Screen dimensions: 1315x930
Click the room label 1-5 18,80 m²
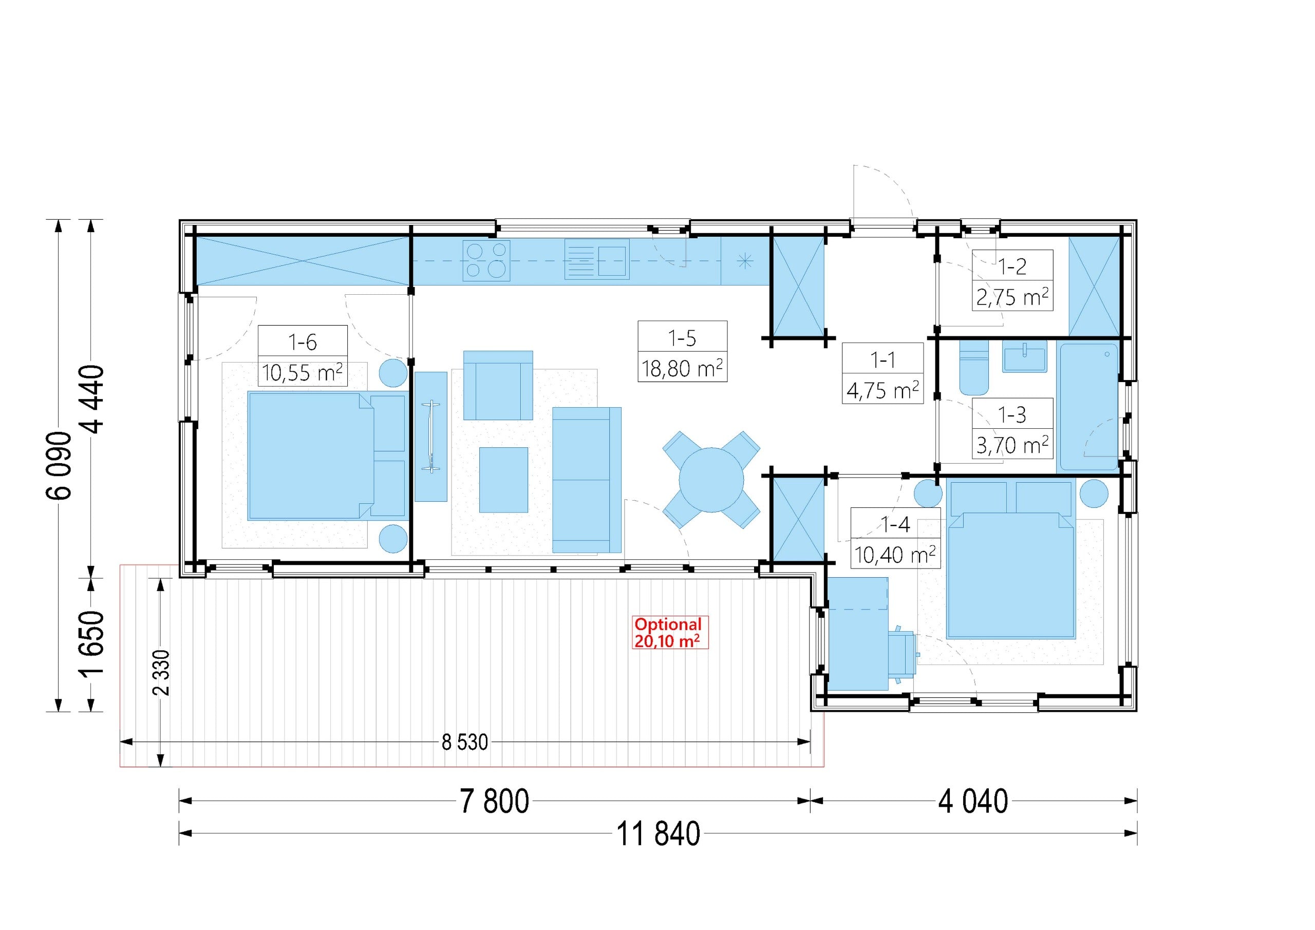click(x=682, y=351)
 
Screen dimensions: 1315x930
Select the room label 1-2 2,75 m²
click(x=1012, y=280)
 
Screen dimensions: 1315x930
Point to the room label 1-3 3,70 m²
click(x=1012, y=428)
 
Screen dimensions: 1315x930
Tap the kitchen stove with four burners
click(x=486, y=260)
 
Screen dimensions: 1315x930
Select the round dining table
click(x=711, y=480)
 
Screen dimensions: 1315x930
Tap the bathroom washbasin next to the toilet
click(x=1025, y=356)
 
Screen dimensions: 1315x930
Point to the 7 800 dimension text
click(x=494, y=801)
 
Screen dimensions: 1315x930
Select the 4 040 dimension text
click(x=972, y=801)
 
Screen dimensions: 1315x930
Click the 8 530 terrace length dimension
click(x=464, y=742)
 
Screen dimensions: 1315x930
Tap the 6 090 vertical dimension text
click(x=59, y=465)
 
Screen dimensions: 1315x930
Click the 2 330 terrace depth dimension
click(x=161, y=673)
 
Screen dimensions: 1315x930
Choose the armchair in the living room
click(x=498, y=385)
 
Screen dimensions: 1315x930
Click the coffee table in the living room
click(x=503, y=480)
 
